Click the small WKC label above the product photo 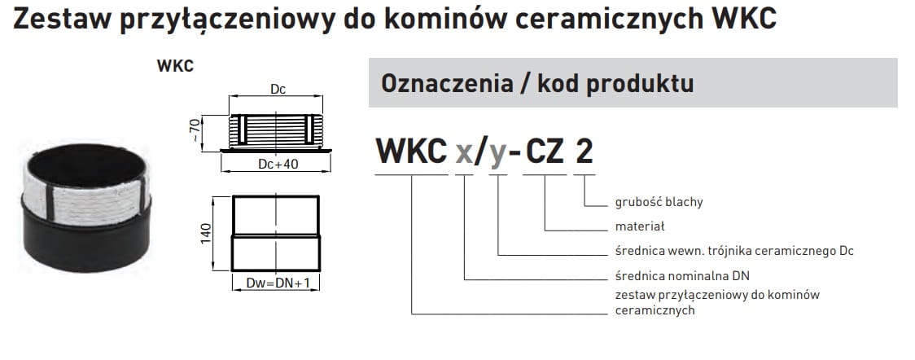175,66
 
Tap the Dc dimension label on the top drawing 277,90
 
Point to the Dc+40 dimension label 277,164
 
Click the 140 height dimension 207,233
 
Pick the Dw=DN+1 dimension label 277,283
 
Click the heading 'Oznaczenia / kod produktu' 536,83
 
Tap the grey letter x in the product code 464,151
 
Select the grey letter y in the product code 499,153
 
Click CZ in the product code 545,151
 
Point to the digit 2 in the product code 584,151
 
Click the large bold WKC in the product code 411,151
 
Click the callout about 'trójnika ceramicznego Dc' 733,251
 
